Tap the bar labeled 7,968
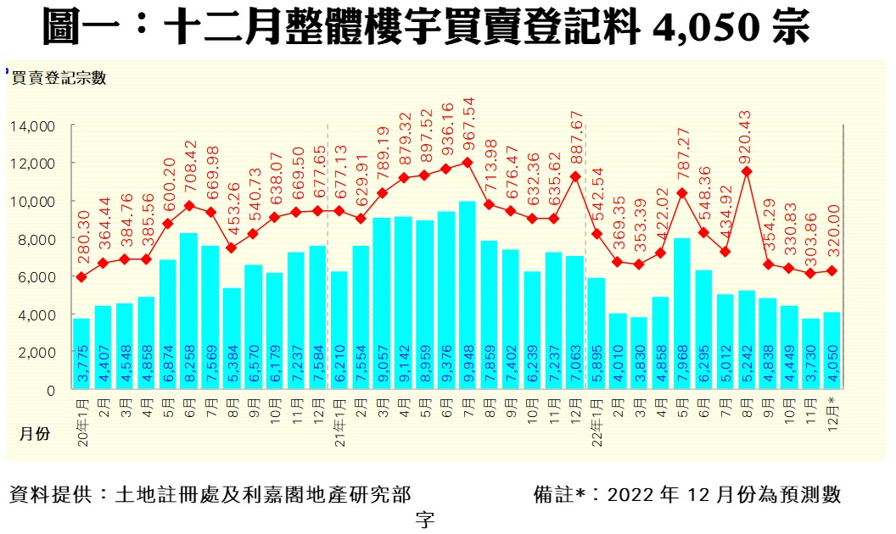[x=682, y=314]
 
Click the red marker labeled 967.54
[x=468, y=162]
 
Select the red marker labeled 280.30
[x=81, y=277]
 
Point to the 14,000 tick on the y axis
[x=33, y=126]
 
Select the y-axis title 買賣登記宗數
[x=59, y=78]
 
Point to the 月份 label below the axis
[x=35, y=433]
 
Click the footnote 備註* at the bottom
[x=560, y=494]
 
